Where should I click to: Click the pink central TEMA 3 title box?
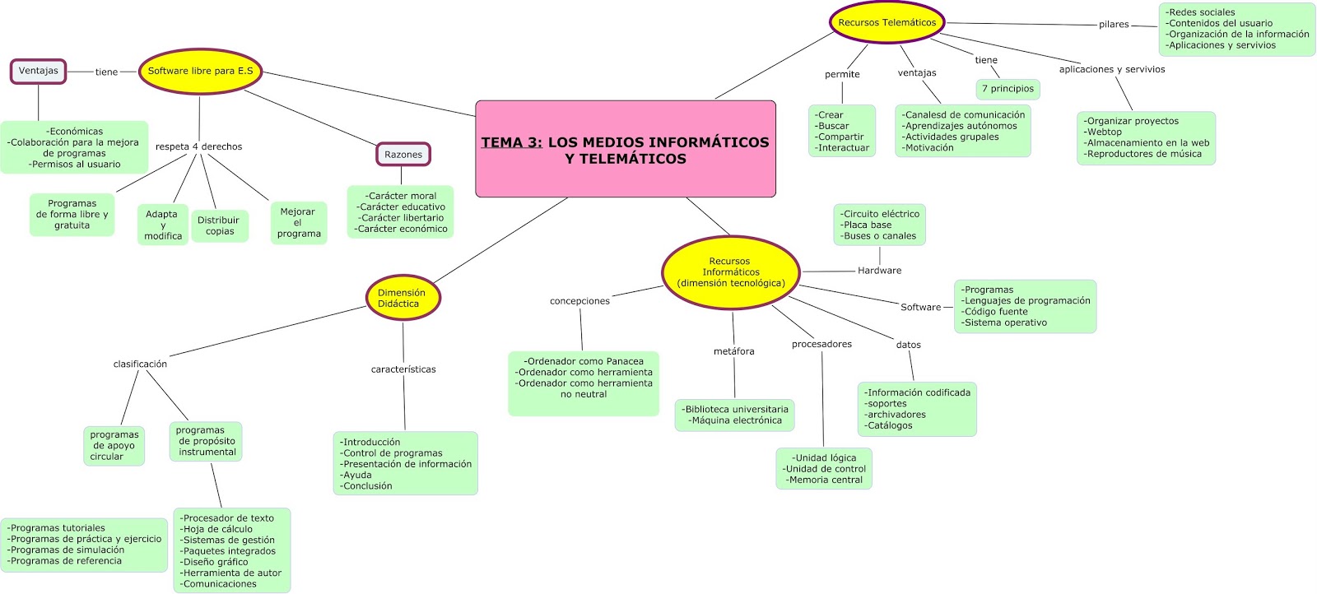626,149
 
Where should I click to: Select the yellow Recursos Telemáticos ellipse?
887,23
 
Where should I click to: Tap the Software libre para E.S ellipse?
200,72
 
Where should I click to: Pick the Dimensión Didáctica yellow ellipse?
403,298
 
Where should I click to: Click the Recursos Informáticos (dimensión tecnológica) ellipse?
731,272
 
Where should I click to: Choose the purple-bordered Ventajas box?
39,71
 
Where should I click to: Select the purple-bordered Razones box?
403,155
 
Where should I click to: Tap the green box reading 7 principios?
1008,89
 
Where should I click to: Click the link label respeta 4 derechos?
198,146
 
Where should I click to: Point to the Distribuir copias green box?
219,225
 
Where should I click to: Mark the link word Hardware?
879,271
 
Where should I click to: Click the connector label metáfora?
733,351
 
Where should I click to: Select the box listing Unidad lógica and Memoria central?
824,469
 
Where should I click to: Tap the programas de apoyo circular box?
114,446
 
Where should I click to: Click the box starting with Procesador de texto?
231,550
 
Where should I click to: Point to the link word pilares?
1114,25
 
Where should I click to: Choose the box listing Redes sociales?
1236,29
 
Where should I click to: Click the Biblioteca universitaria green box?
736,415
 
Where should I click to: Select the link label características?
403,369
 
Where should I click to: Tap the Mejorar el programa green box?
298,223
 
